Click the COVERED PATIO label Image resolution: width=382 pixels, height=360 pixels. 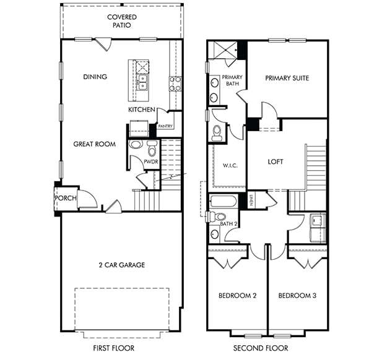coord(121,21)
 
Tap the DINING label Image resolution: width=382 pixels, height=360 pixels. coord(95,77)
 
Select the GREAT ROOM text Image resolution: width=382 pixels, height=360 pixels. coord(95,144)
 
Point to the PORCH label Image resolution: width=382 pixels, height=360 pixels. coord(66,199)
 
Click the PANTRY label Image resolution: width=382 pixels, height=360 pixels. coord(165,126)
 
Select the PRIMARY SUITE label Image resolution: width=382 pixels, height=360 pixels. coord(287,78)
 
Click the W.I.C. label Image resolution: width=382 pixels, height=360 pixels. coord(222,166)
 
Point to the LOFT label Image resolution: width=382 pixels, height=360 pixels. coord(275,162)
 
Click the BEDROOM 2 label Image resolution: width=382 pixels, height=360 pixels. coord(237,296)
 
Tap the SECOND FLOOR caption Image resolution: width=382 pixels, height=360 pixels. coord(261,349)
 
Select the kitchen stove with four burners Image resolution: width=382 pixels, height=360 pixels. coord(175,84)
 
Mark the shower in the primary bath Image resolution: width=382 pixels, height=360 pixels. coord(223,51)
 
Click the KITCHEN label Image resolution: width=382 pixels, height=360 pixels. coord(142,109)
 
